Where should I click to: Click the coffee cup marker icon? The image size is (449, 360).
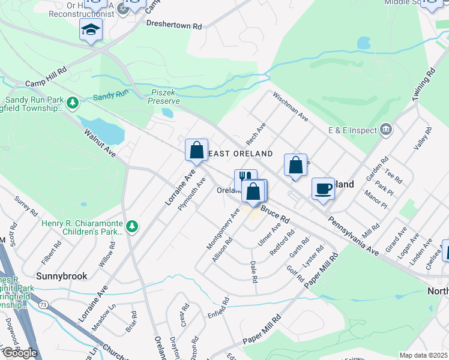tap(323, 188)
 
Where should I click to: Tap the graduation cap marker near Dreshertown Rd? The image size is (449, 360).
tap(91, 29)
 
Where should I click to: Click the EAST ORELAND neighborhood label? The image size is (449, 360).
tap(240, 154)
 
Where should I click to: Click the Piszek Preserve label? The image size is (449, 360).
tap(164, 97)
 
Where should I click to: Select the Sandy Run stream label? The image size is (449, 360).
tap(111, 95)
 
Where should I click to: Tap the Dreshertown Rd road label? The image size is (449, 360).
tap(174, 25)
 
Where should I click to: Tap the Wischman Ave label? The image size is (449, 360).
tap(290, 107)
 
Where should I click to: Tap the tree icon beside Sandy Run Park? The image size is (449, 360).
tap(73, 103)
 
